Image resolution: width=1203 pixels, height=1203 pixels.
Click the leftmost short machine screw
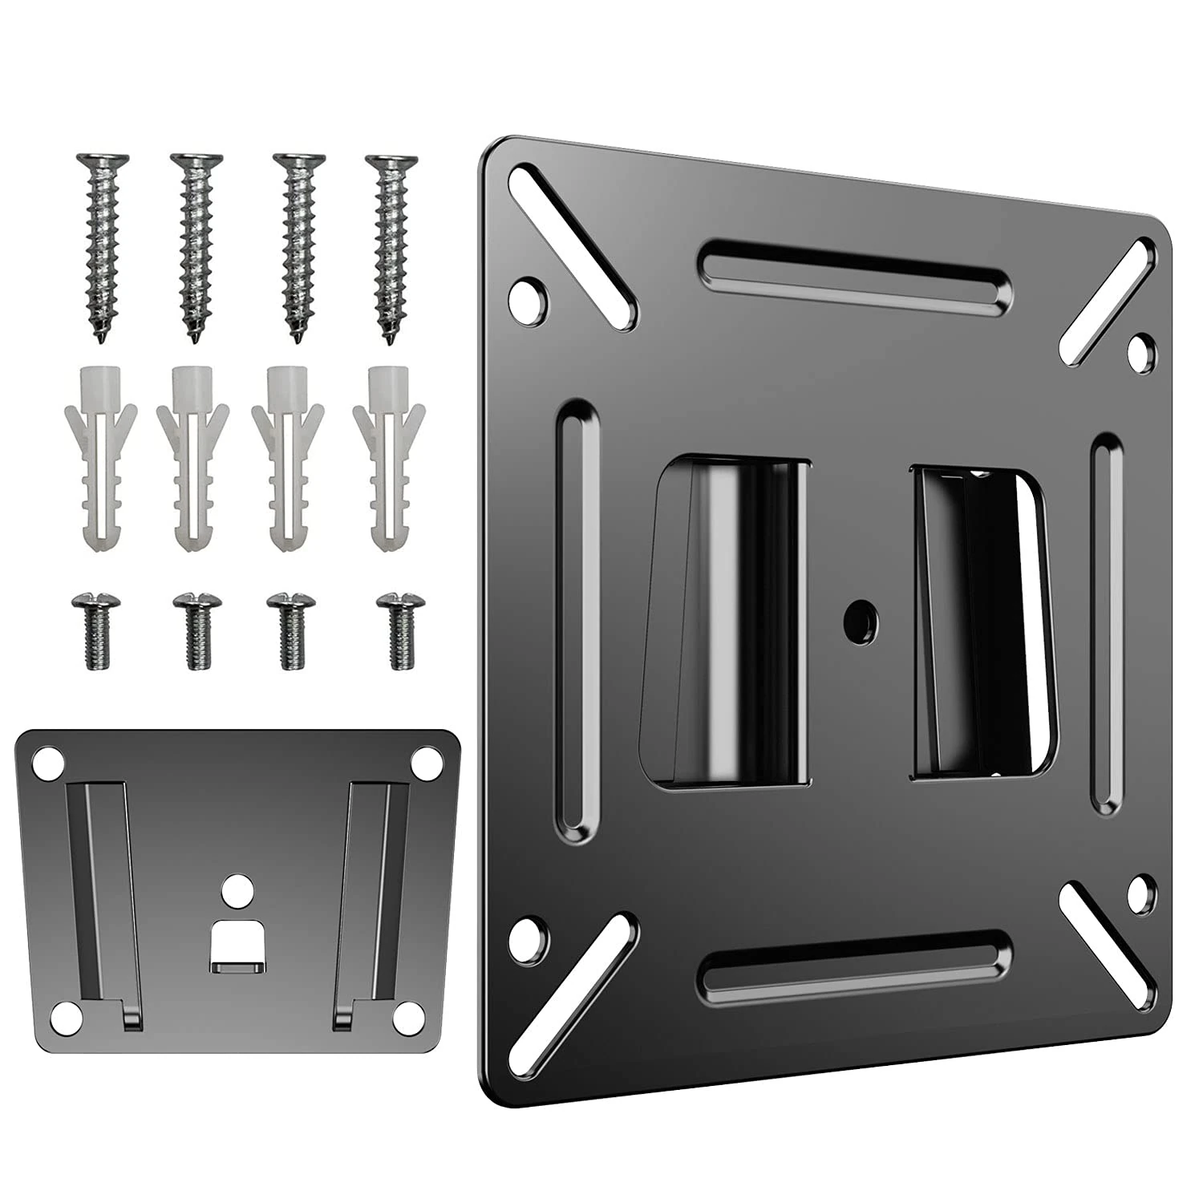click(x=89, y=629)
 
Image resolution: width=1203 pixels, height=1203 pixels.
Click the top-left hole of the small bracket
click(x=48, y=758)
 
